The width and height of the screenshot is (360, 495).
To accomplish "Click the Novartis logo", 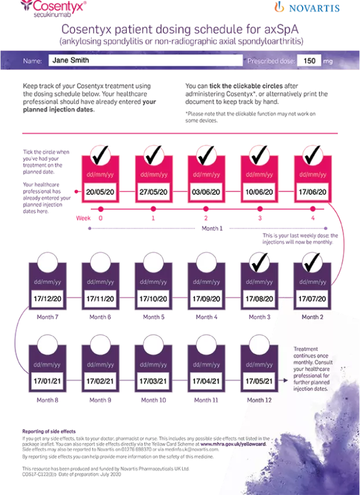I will pyautogui.click(x=306, y=8).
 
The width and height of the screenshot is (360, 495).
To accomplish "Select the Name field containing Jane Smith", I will pyautogui.click(x=144, y=60).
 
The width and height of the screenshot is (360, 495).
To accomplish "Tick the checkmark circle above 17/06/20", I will pyautogui.click(x=313, y=155).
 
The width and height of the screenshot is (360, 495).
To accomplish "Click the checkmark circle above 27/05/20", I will pyautogui.click(x=153, y=155).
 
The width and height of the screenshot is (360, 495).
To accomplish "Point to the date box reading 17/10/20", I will pyautogui.click(x=153, y=300).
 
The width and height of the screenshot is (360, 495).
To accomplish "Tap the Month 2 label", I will pyautogui.click(x=313, y=317).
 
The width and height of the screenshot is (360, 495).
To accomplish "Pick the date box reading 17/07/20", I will pyautogui.click(x=313, y=300).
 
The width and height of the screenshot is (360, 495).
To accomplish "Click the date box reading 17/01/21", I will pyautogui.click(x=47, y=381).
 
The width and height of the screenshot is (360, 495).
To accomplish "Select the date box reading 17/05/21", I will pyautogui.click(x=260, y=381).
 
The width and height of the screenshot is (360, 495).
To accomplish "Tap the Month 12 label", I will pyautogui.click(x=260, y=400).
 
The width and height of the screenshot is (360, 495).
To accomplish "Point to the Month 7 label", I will pyautogui.click(x=47, y=317).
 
